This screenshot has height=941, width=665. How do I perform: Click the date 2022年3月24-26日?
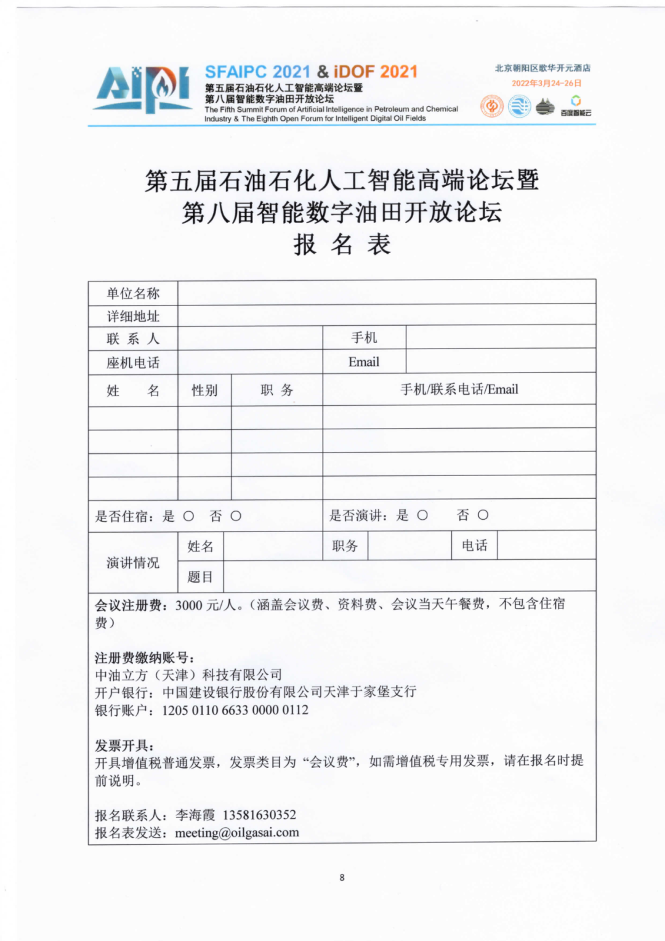click(x=546, y=83)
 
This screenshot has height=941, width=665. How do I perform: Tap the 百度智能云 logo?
click(x=576, y=105)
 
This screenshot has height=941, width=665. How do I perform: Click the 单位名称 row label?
click(x=133, y=293)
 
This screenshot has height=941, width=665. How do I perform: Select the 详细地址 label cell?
click(x=133, y=316)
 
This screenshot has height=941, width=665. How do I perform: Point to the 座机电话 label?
click(x=133, y=363)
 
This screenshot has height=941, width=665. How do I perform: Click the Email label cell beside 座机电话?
click(x=364, y=362)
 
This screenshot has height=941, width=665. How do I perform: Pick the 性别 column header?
click(x=204, y=390)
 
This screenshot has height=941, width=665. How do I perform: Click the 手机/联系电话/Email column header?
click(x=459, y=389)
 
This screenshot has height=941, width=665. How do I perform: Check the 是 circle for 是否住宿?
click(x=188, y=516)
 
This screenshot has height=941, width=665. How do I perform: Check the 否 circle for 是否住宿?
click(x=236, y=516)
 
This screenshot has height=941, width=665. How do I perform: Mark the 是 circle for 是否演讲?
click(x=422, y=515)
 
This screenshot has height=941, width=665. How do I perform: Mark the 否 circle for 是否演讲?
click(x=483, y=515)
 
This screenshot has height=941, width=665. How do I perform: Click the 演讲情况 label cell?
click(x=133, y=562)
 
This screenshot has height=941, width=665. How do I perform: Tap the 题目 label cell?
click(x=200, y=577)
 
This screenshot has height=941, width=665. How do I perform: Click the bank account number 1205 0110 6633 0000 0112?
click(x=235, y=710)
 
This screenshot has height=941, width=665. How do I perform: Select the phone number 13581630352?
click(x=259, y=815)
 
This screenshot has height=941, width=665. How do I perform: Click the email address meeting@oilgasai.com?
click(x=237, y=833)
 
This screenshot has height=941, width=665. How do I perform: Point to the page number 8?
click(x=342, y=878)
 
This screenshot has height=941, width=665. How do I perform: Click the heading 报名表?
click(x=342, y=244)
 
